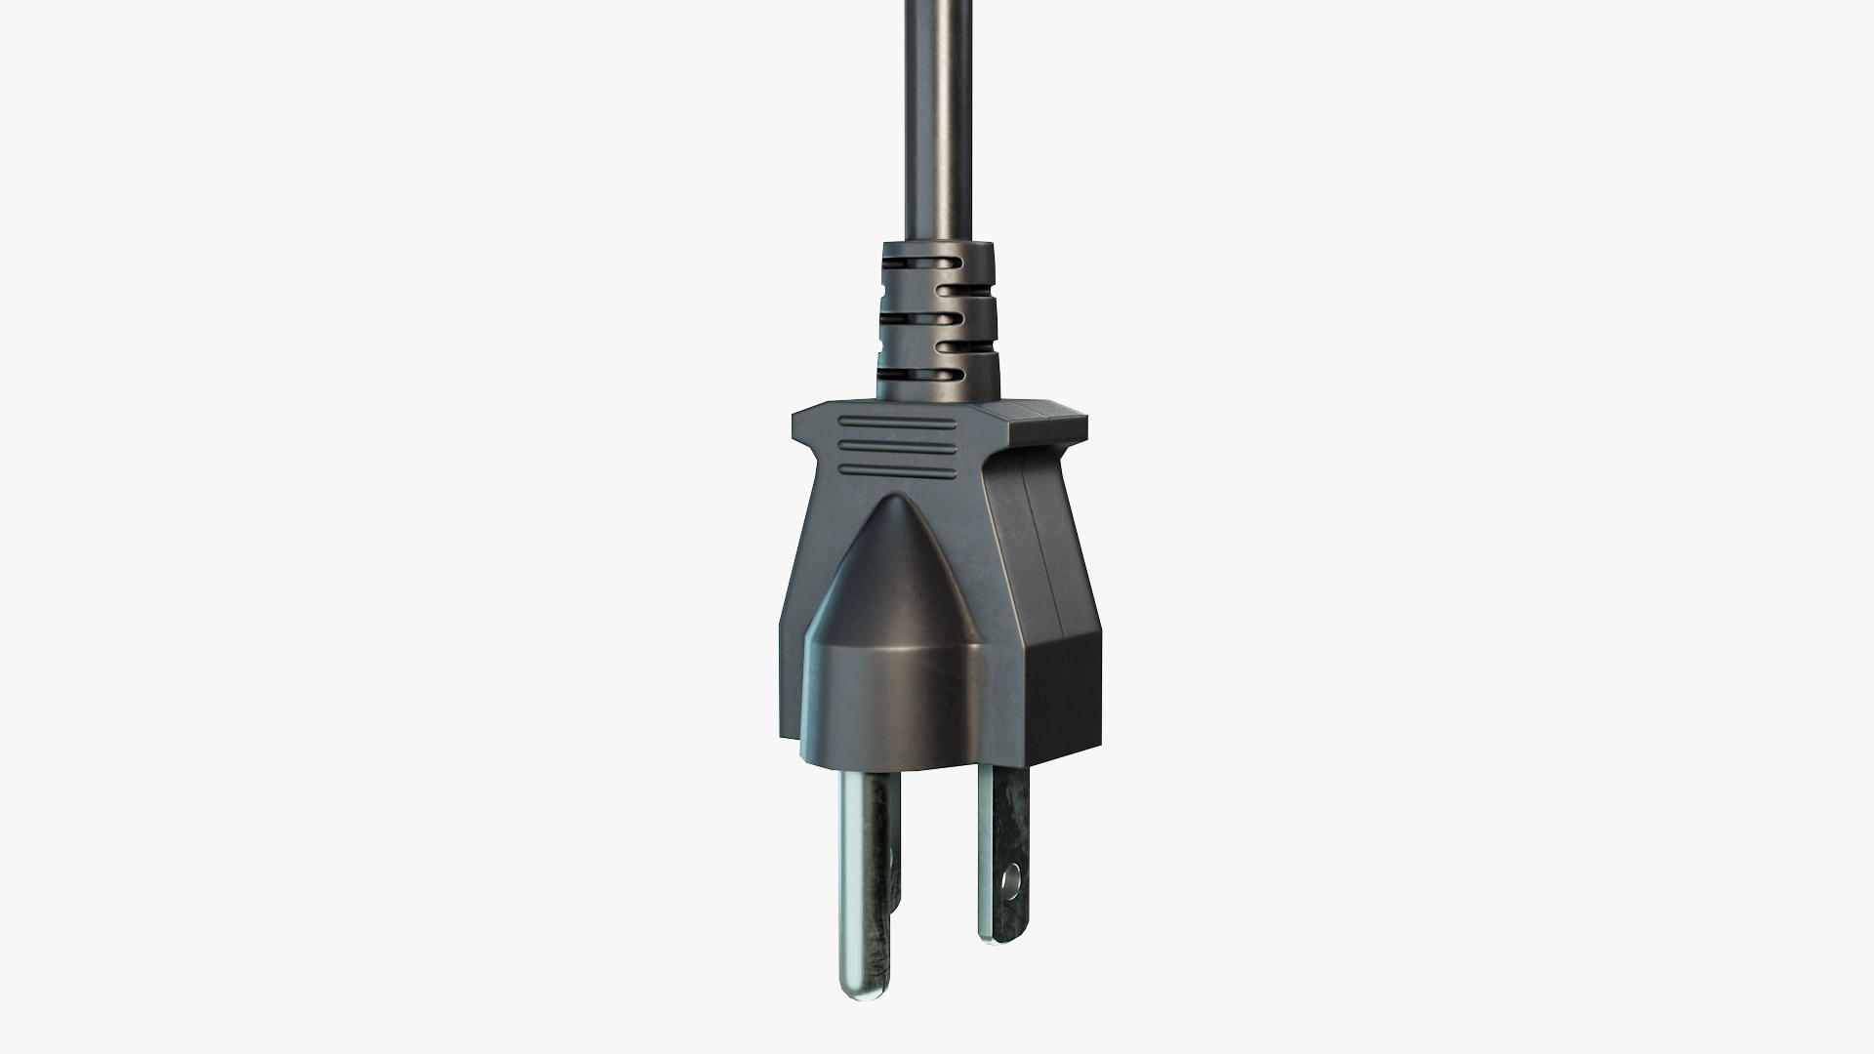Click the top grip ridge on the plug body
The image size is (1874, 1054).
pos(896,425)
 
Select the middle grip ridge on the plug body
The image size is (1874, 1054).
pos(896,449)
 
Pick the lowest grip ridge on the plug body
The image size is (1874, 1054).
pos(896,473)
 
